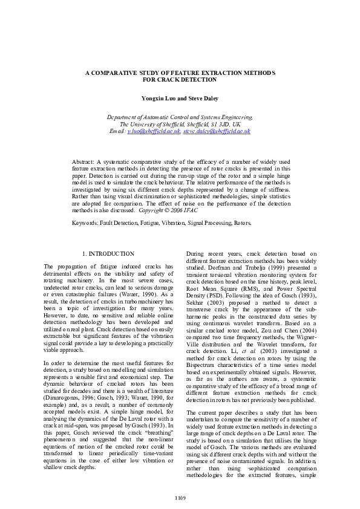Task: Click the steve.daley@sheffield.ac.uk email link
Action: (x=217, y=131)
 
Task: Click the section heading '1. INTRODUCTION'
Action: (x=108, y=254)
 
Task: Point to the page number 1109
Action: (x=180, y=496)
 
